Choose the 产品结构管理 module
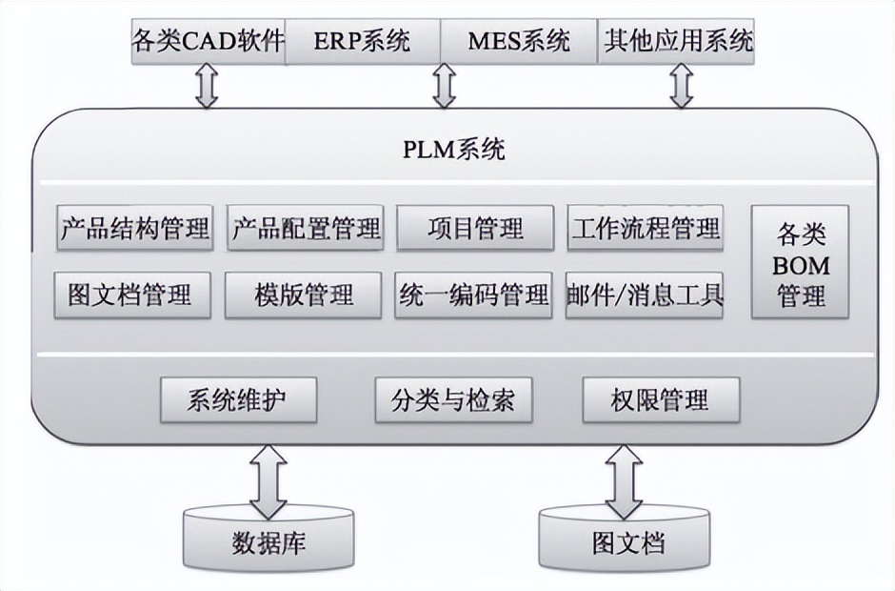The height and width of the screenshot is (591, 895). point(134,229)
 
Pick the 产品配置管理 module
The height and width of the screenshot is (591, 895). point(306,229)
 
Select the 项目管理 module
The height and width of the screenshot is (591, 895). point(475,229)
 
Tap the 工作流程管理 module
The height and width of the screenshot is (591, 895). point(646,229)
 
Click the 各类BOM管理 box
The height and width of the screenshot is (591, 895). point(801,264)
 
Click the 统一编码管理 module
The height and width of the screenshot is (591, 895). point(473,295)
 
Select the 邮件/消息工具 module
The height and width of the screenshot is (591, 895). point(644,295)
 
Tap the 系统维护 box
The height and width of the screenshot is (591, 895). point(237,400)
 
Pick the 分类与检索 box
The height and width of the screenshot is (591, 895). point(453,400)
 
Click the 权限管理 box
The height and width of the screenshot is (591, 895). point(660,400)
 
